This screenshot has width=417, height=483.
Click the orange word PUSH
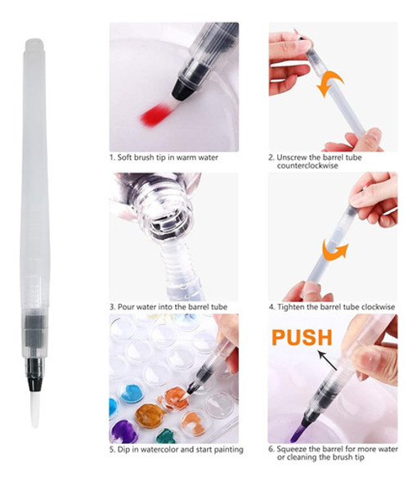pos(302,337)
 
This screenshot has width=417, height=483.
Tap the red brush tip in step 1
pos(155,115)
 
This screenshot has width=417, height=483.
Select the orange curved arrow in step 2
pos(330,84)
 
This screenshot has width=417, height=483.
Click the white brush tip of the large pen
pos(35,410)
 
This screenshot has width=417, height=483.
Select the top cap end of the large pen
pos(34,44)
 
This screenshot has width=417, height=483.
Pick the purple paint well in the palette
pos(123,431)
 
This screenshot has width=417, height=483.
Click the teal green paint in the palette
pos(167,436)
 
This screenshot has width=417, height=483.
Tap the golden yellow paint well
pos(150,416)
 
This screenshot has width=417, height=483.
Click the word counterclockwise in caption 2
pos(307,165)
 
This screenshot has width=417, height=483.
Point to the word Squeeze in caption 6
pos(291,449)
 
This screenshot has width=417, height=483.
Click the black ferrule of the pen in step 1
pos(184,88)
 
